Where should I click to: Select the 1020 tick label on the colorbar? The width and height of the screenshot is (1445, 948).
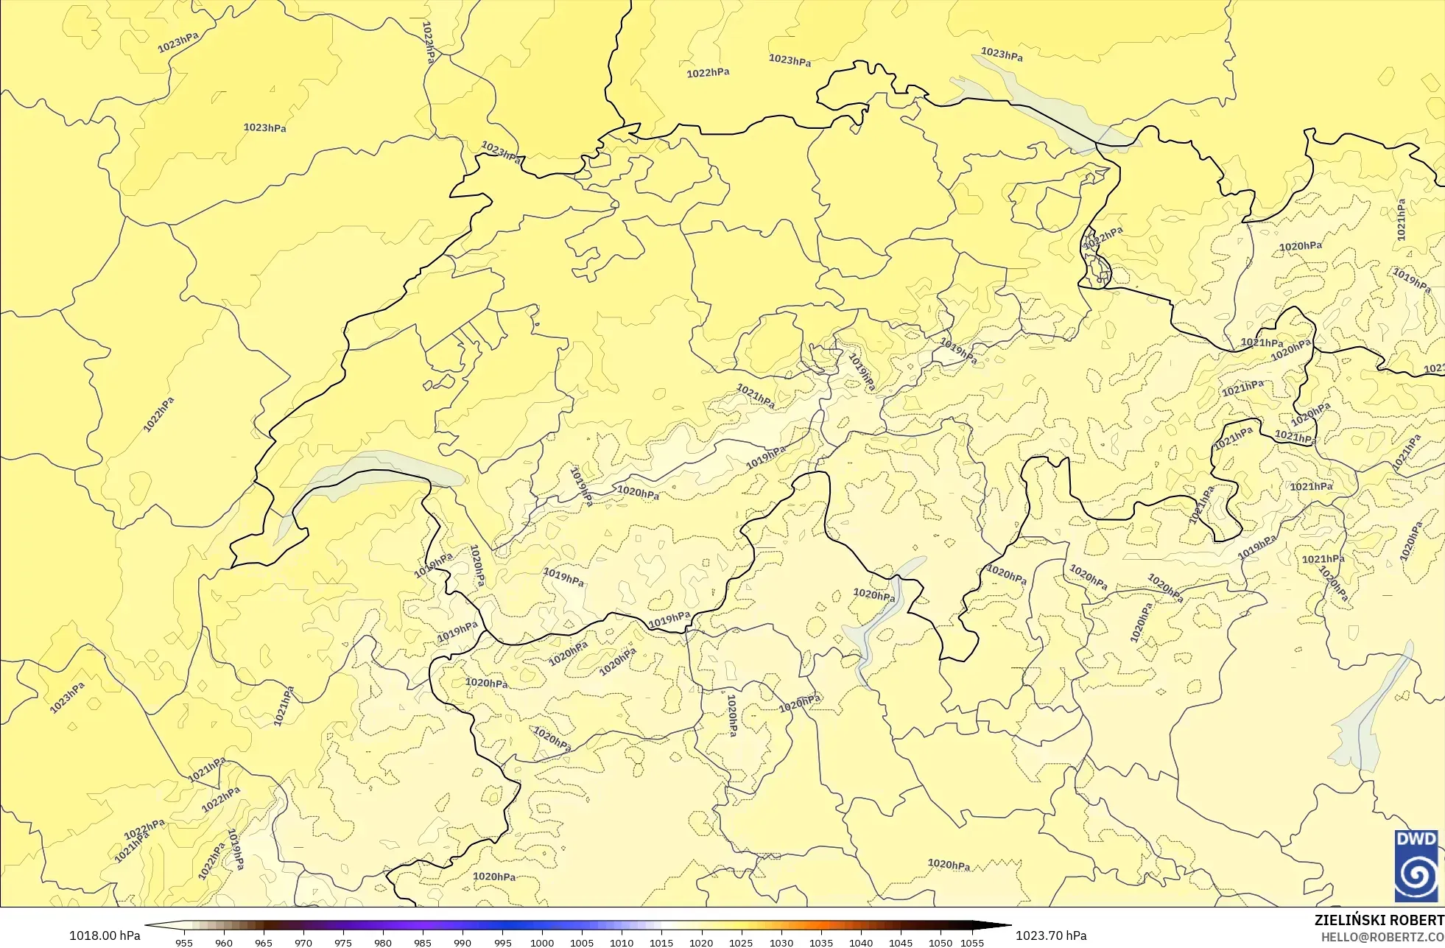(700, 942)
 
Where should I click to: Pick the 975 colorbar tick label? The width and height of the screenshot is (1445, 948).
(343, 942)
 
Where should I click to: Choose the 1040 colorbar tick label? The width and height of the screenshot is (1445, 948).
(860, 942)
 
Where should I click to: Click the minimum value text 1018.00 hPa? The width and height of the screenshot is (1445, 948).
(105, 935)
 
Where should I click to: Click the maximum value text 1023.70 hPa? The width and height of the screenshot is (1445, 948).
(1051, 935)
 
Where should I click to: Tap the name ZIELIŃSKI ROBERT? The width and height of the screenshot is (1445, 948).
(1379, 920)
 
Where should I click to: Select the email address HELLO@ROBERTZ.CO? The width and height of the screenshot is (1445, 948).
(1382, 937)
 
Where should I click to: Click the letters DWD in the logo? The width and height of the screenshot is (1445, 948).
(1416, 839)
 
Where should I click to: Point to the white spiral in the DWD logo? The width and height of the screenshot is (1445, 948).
(1416, 875)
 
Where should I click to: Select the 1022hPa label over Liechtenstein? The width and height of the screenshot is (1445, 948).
(1103, 238)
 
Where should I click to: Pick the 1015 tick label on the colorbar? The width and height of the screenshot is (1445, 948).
(661, 942)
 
